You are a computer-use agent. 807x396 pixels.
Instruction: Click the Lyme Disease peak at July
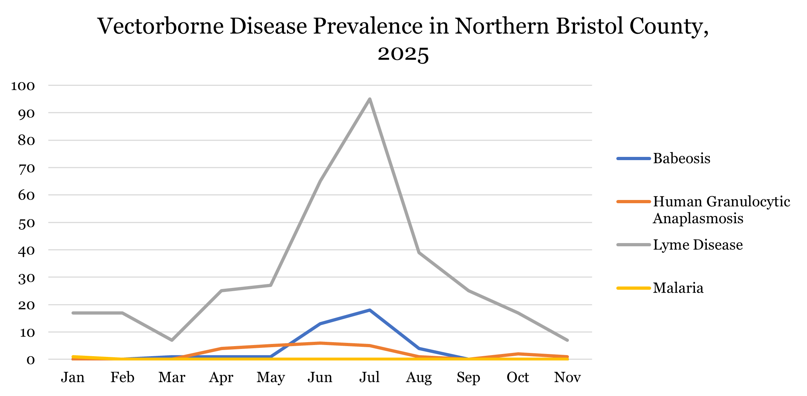[x=370, y=99]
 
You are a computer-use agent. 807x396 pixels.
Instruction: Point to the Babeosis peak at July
[x=370, y=310]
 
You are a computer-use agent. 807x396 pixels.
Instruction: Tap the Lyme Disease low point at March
[x=172, y=340]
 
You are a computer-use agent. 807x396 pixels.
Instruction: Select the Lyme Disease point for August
[x=419, y=252]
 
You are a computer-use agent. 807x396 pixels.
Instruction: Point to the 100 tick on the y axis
[x=23, y=86]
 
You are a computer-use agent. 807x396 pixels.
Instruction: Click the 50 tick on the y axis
[x=27, y=223]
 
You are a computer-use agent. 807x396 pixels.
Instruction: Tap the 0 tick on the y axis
[x=31, y=359]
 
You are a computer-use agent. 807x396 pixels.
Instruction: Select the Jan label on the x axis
[x=73, y=377]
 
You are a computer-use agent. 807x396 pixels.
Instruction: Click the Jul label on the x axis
[x=370, y=377]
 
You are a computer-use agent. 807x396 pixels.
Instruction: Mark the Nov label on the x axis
[x=567, y=377]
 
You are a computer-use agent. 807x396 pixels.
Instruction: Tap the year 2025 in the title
[x=403, y=54]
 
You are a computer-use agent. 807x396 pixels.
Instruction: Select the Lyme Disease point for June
[x=320, y=181]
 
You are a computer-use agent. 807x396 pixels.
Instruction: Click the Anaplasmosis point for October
[x=518, y=354]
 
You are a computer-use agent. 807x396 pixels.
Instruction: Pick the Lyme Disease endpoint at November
[x=567, y=340]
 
